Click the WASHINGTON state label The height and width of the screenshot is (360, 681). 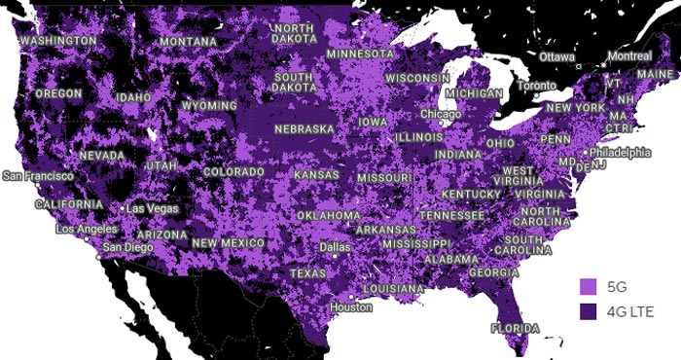click(58, 42)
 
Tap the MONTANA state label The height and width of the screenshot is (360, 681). click(189, 43)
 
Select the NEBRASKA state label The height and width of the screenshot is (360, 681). click(305, 128)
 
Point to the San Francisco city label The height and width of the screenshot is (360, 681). click(38, 176)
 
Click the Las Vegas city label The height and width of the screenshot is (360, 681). click(153, 209)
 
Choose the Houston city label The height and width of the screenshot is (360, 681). click(350, 307)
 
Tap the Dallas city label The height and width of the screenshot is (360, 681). click(335, 247)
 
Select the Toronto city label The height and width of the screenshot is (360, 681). click(536, 86)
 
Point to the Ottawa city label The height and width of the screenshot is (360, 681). click(557, 56)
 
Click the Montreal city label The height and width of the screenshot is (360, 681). click(628, 56)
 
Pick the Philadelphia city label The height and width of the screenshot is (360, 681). click(620, 153)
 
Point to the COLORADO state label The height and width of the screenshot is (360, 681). click(233, 172)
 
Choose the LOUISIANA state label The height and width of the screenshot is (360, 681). click(393, 289)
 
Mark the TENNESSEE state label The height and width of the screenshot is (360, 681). click(451, 215)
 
